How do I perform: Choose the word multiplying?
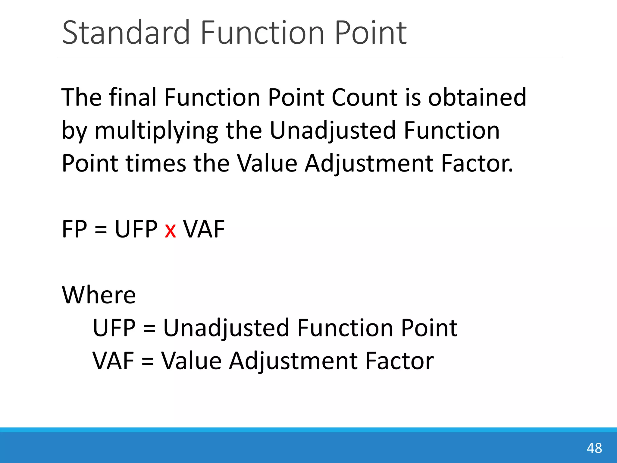click(156, 131)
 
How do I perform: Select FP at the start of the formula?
click(74, 229)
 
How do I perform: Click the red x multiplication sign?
click(170, 231)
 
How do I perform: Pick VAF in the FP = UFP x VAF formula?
click(204, 229)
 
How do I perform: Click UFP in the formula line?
click(136, 229)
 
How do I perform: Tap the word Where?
click(99, 294)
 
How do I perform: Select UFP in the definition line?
click(114, 328)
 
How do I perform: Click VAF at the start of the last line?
click(113, 361)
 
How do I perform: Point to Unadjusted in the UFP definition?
click(226, 328)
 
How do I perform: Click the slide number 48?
click(594, 448)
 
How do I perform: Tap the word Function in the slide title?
click(262, 33)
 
